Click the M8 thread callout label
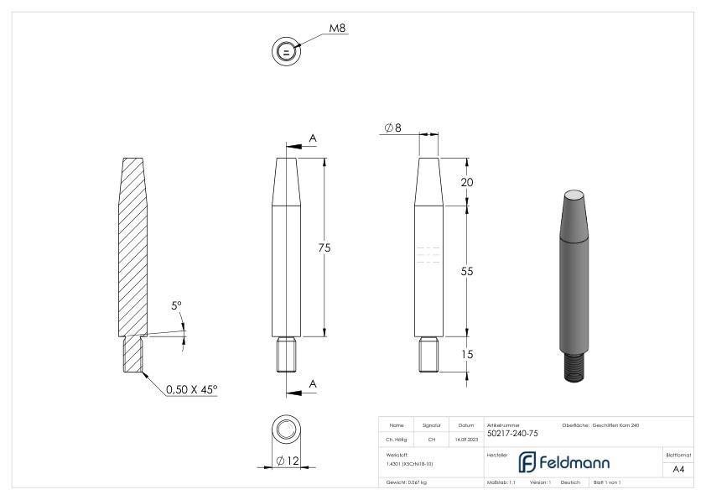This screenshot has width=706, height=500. pyautogui.click(x=337, y=28)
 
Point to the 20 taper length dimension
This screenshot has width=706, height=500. pyautogui.click(x=468, y=182)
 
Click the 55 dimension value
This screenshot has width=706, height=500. pyautogui.click(x=468, y=272)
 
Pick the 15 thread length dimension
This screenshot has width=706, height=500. pyautogui.click(x=468, y=354)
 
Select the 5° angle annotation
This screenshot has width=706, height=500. pyautogui.click(x=177, y=306)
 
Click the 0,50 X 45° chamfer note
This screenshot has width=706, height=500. pyautogui.click(x=191, y=389)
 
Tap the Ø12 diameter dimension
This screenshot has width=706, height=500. pyautogui.click(x=288, y=461)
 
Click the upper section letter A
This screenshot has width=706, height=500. pyautogui.click(x=312, y=138)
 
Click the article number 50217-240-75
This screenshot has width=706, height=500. pyautogui.click(x=512, y=434)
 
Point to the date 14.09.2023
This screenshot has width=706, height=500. pyautogui.click(x=465, y=439)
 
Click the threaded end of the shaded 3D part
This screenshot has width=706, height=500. pyautogui.click(x=574, y=366)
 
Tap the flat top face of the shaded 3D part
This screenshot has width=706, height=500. pyautogui.click(x=573, y=195)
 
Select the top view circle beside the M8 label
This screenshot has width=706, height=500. pyautogui.click(x=286, y=52)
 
